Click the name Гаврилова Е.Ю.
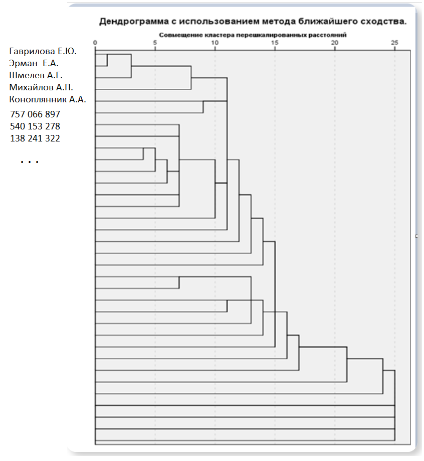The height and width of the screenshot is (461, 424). pos(43,52)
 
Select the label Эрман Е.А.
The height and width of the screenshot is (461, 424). pos(34,64)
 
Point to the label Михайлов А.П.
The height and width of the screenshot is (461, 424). pos(42,88)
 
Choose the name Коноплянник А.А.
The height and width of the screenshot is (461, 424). pos(48,99)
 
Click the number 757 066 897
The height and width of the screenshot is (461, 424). pos(35,114)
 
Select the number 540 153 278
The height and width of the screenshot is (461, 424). pos(35,126)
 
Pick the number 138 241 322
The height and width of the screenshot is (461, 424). pos(35,138)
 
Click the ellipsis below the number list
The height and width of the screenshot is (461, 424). pos(30,162)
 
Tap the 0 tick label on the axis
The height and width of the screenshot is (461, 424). pos(95,43)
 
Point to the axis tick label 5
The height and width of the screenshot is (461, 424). pos(155,43)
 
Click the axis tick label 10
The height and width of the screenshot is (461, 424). pos(215,43)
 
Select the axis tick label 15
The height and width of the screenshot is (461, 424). pos(275,43)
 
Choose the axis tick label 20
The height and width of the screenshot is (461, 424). pos(335,43)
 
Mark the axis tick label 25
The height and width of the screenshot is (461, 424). pos(394,43)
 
